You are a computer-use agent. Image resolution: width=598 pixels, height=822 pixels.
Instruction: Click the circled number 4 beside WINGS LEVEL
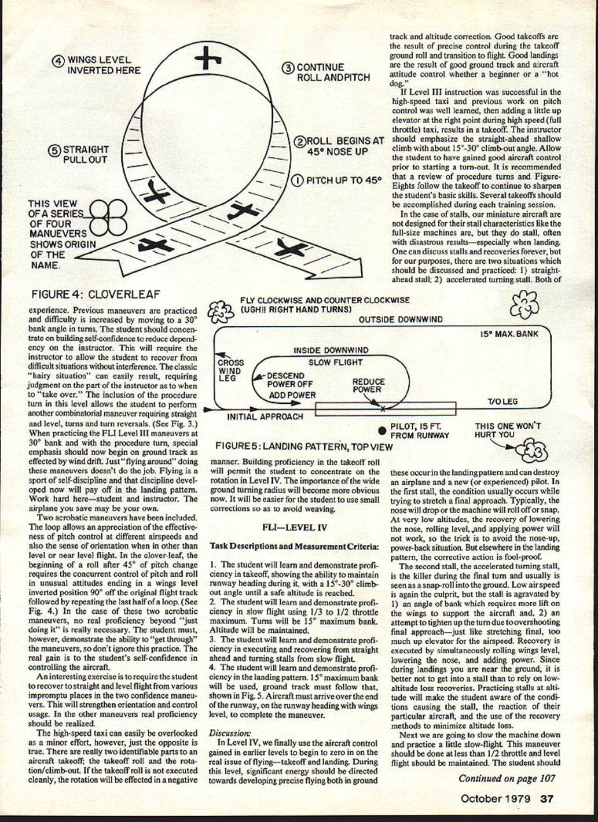(58, 61)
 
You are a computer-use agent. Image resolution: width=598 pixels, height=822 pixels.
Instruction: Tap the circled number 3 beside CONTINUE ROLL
(289, 68)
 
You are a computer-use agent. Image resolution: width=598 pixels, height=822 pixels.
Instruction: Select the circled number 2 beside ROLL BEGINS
(300, 141)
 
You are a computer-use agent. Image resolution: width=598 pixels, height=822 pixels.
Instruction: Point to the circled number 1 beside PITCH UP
(297, 180)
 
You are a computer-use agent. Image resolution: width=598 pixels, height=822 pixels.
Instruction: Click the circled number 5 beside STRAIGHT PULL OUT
(54, 150)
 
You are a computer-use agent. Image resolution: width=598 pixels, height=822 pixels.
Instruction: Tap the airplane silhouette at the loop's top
(207, 58)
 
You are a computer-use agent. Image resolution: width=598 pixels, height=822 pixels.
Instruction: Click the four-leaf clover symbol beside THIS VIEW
(108, 218)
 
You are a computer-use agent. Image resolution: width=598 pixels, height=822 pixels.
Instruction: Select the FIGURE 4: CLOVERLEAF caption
(96, 294)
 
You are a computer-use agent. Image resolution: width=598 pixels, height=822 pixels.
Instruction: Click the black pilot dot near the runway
(382, 430)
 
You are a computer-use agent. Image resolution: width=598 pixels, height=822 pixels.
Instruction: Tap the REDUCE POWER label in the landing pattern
(368, 386)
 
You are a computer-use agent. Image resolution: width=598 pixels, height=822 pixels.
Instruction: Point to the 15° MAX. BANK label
(509, 334)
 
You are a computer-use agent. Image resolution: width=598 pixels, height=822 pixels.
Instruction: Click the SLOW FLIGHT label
(335, 363)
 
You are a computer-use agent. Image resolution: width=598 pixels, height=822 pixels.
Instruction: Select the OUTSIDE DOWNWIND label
(401, 319)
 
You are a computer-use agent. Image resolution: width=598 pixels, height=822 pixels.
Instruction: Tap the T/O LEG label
(502, 401)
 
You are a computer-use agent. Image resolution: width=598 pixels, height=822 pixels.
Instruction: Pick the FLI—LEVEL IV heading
(294, 528)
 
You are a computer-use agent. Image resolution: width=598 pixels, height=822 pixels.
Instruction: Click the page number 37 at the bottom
(546, 799)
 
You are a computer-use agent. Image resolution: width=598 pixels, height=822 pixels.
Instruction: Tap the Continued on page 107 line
(506, 779)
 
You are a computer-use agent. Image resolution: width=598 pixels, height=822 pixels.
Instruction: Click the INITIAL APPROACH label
(265, 416)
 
